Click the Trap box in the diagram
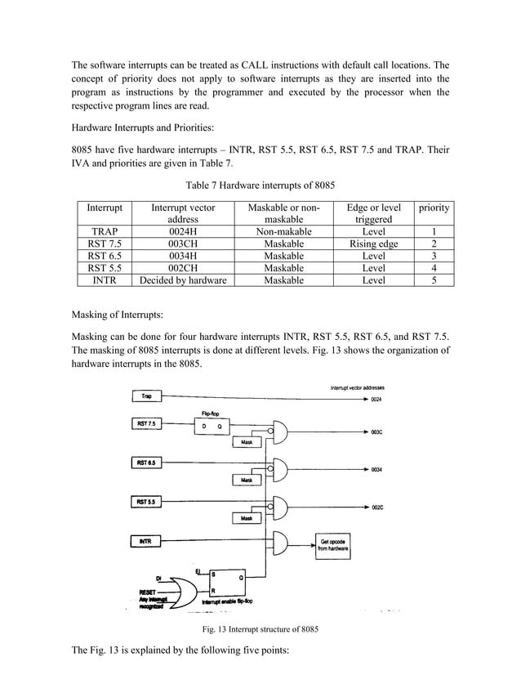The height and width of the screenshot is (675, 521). (147, 396)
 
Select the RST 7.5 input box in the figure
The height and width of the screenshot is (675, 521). (147, 424)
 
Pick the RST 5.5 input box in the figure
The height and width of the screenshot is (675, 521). (147, 500)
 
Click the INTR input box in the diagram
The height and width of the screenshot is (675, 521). (147, 540)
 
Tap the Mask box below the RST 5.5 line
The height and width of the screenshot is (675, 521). (245, 518)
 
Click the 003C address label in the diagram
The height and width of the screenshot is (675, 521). (378, 431)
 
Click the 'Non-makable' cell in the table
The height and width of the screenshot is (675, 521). (284, 232)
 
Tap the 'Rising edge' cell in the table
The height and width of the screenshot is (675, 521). (372, 244)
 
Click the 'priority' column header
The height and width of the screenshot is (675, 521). (434, 208)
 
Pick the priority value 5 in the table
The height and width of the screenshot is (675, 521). (434, 280)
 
